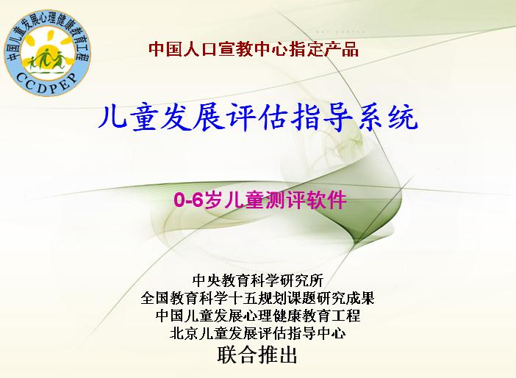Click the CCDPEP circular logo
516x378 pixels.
click(x=47, y=53)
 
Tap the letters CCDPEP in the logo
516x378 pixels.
click(x=47, y=83)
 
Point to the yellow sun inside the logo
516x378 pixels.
click(x=47, y=49)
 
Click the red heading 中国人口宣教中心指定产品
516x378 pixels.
click(x=254, y=49)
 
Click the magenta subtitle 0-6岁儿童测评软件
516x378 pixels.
click(x=260, y=200)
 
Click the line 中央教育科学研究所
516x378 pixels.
click(x=258, y=280)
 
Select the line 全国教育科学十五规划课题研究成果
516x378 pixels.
click(x=258, y=298)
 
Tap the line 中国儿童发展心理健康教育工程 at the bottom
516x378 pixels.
click(x=258, y=316)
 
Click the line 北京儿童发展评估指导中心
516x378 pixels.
click(x=258, y=333)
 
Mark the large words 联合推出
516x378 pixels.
click(x=257, y=355)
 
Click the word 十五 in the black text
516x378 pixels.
click(x=243, y=298)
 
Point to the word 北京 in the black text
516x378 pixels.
click(x=184, y=333)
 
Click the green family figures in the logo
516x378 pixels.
click(x=47, y=59)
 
